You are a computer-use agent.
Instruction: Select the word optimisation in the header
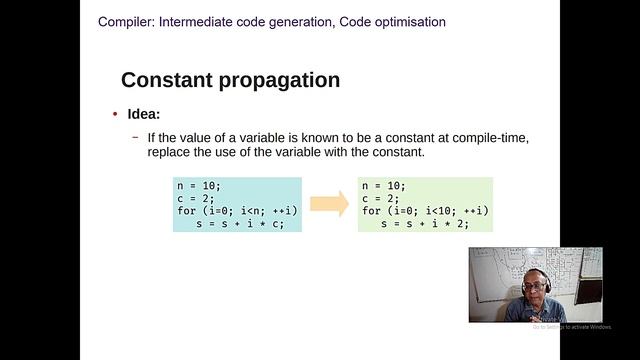[405, 21]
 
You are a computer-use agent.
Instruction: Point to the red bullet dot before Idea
[115, 115]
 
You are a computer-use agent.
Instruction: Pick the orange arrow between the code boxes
[329, 204]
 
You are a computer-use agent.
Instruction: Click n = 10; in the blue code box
[199, 186]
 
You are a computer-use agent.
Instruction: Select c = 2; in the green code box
[383, 198]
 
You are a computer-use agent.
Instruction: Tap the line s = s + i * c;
[241, 224]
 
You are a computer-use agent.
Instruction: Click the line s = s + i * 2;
[425, 224]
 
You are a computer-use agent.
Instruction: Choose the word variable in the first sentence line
[270, 137]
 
